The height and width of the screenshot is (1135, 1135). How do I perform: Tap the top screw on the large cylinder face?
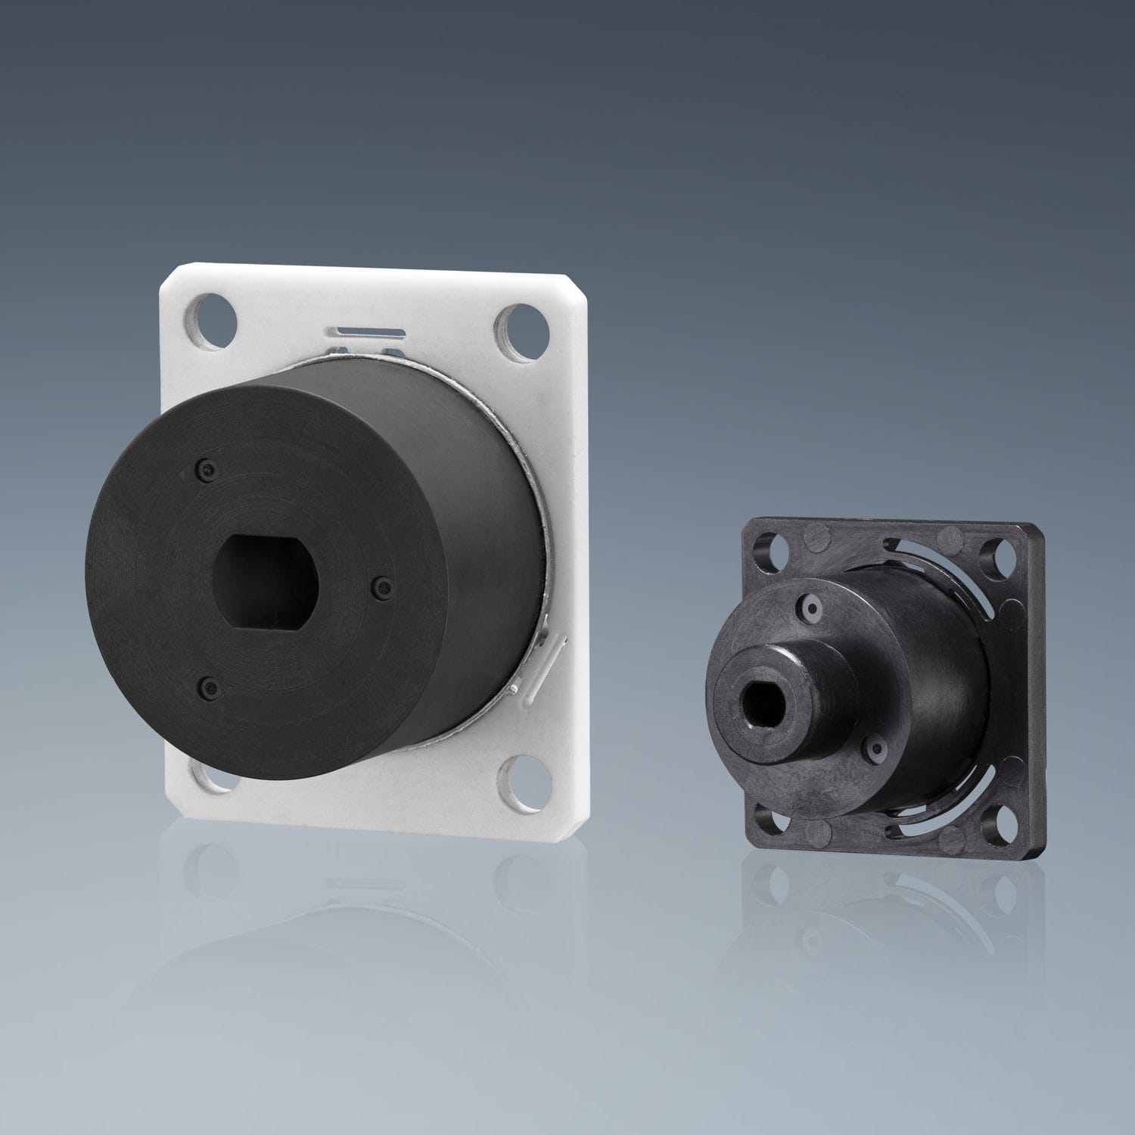click(x=205, y=471)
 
